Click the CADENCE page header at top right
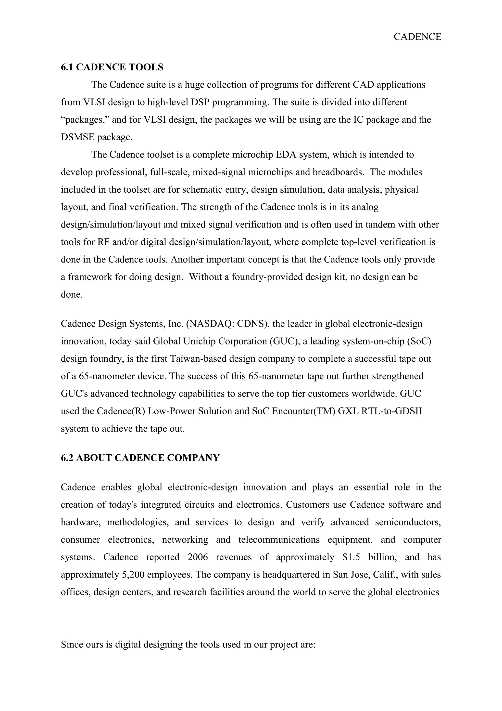point(417,37)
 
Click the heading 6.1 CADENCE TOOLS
point(112,67)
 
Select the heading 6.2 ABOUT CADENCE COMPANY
point(140,458)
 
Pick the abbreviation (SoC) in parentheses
point(417,341)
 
